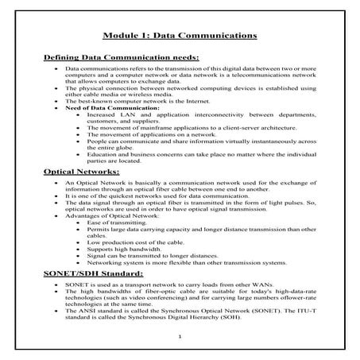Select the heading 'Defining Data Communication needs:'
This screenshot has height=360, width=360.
pos(120,58)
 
